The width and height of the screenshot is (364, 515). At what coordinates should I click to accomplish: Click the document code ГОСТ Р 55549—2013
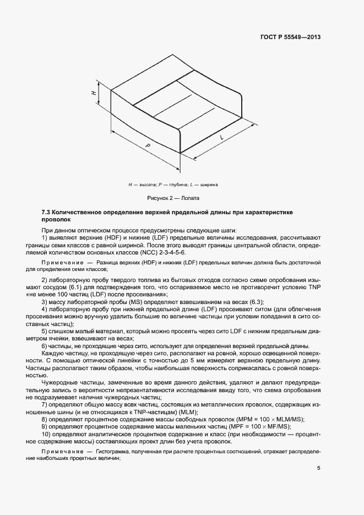click(x=290, y=37)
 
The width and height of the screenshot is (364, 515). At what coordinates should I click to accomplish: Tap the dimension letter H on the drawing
click(x=94, y=94)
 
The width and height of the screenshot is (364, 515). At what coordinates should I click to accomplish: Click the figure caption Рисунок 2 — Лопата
click(x=173, y=197)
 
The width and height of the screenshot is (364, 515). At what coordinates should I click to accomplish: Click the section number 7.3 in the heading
click(x=46, y=212)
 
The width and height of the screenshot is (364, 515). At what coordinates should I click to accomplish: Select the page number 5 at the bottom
click(x=319, y=469)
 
